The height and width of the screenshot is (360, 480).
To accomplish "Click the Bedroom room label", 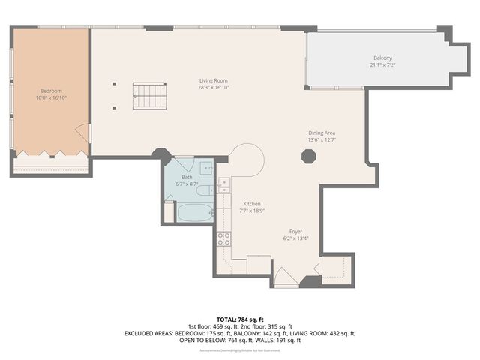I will [x=52, y=91].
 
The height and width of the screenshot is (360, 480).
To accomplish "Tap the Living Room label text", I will [x=213, y=80].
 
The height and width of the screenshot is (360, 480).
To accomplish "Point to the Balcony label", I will [x=382, y=58].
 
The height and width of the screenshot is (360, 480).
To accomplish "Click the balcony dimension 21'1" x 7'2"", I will [x=382, y=64].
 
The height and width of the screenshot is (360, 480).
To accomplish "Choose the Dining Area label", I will [x=322, y=133].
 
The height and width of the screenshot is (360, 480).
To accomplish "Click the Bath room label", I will [x=187, y=177].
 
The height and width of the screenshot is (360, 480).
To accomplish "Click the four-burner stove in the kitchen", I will [x=223, y=239].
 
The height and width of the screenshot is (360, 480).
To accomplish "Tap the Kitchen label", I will [x=250, y=204].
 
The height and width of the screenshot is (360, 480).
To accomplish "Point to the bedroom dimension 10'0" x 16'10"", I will [x=52, y=98].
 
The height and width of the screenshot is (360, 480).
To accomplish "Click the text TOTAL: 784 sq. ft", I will [x=239, y=319].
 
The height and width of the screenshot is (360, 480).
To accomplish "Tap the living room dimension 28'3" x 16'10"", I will [x=213, y=87].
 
